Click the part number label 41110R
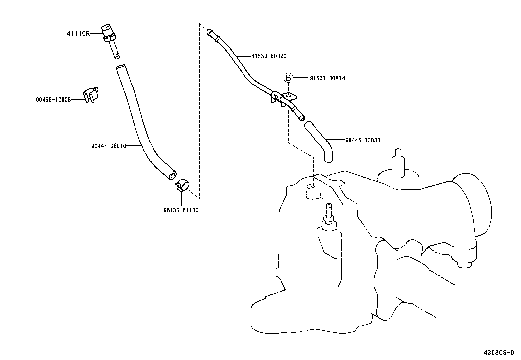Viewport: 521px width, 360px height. point(78,33)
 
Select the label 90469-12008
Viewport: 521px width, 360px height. point(53,99)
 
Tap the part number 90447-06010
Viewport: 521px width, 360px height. point(109,146)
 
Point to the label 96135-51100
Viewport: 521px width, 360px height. point(181,210)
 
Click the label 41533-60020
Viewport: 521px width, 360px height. point(269,56)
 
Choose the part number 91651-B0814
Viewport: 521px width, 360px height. point(327,78)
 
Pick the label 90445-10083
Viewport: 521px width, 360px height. point(363,140)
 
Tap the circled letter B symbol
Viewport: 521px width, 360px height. point(288,78)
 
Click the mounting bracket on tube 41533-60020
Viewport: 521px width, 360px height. point(289,97)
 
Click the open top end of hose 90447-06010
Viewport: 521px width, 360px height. point(120,67)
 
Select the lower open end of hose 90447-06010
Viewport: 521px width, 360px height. point(171,176)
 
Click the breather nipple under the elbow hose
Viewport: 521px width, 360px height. point(329,213)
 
